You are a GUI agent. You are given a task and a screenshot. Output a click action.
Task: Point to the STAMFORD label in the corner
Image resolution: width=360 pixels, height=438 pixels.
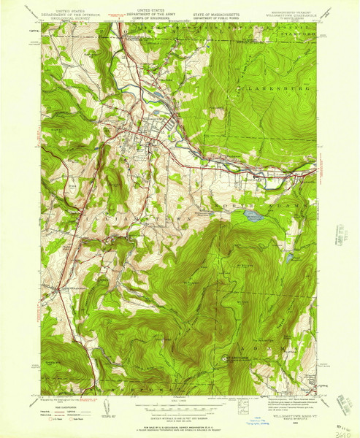pos(302,34)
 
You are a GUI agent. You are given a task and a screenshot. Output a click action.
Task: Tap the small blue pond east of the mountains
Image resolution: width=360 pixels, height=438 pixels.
pos(292,257)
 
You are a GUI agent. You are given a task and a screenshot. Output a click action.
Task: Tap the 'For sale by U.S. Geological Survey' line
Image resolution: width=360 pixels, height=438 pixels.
pos(179,421)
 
